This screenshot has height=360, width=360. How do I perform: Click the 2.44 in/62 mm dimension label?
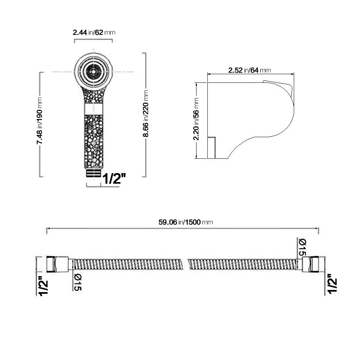point(94,33)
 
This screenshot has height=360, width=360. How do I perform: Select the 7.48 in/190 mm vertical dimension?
point(39,121)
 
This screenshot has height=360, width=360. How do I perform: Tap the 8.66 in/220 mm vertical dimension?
point(145,113)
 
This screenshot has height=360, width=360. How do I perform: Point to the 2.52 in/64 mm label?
point(249,70)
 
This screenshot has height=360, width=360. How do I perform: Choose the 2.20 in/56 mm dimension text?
point(196,119)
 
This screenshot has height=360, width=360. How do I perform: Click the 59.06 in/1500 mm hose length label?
point(186,222)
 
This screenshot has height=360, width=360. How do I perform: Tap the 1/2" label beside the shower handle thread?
point(114,179)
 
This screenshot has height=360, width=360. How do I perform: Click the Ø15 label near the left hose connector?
point(78,282)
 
